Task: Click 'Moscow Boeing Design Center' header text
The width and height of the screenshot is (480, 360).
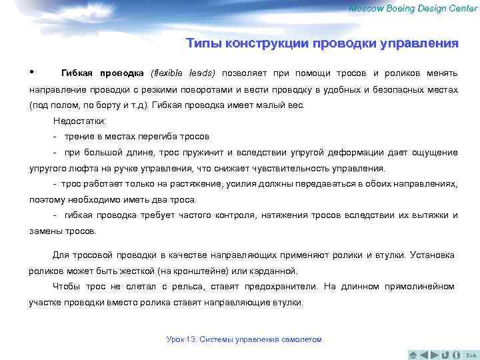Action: pos(413,7)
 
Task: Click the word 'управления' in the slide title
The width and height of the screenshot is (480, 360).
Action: pos(419,44)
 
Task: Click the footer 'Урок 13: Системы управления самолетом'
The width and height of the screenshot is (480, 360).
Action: pos(244,339)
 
